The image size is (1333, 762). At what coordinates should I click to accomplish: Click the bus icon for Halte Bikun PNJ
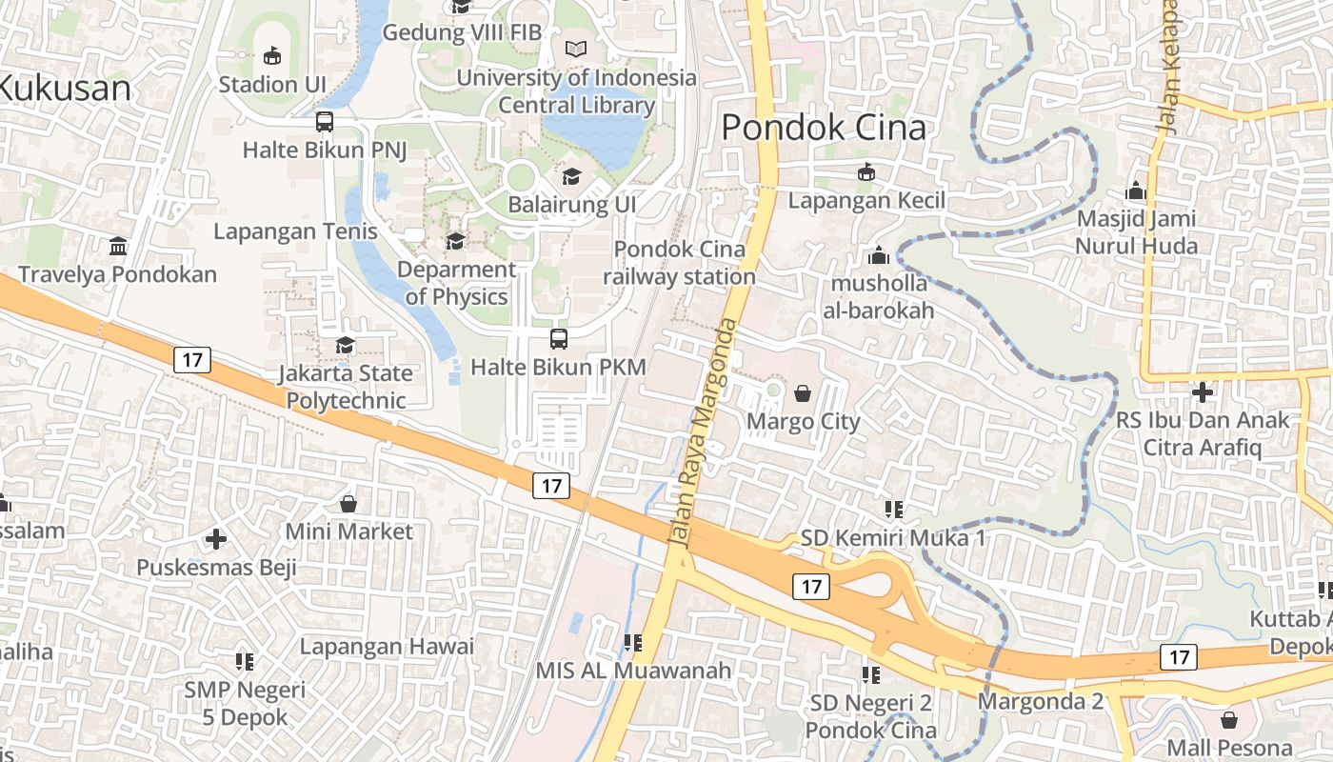(x=325, y=122)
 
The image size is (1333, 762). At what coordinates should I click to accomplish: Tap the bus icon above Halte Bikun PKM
(x=559, y=339)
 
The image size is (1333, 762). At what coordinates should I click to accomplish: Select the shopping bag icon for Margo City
(x=803, y=393)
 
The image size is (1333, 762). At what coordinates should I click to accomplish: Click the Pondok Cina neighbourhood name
(x=824, y=128)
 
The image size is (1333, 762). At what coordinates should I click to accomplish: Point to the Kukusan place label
(x=65, y=89)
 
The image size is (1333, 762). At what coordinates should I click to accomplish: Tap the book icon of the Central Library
(x=576, y=50)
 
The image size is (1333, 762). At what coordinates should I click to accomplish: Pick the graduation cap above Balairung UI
(x=571, y=176)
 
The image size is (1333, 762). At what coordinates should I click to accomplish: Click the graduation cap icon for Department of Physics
(x=455, y=241)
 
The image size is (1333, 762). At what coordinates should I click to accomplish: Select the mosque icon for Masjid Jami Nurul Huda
(x=1135, y=190)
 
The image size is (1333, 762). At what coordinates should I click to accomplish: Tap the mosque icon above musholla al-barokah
(x=878, y=255)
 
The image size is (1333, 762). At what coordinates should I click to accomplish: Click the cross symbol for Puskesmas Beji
(x=216, y=539)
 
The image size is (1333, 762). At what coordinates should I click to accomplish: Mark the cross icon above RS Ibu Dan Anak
(x=1203, y=391)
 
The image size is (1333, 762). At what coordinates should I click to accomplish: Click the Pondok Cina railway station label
(x=680, y=263)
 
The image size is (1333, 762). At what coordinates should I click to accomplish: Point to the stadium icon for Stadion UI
(x=272, y=56)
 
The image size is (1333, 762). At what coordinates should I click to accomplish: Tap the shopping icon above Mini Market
(x=348, y=503)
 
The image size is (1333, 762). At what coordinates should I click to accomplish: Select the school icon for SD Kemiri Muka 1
(x=893, y=510)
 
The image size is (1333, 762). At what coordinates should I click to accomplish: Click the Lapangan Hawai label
(x=387, y=647)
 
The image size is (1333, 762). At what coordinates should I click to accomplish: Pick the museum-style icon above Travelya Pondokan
(x=118, y=247)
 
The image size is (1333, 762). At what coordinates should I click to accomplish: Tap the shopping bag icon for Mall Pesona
(x=1229, y=719)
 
